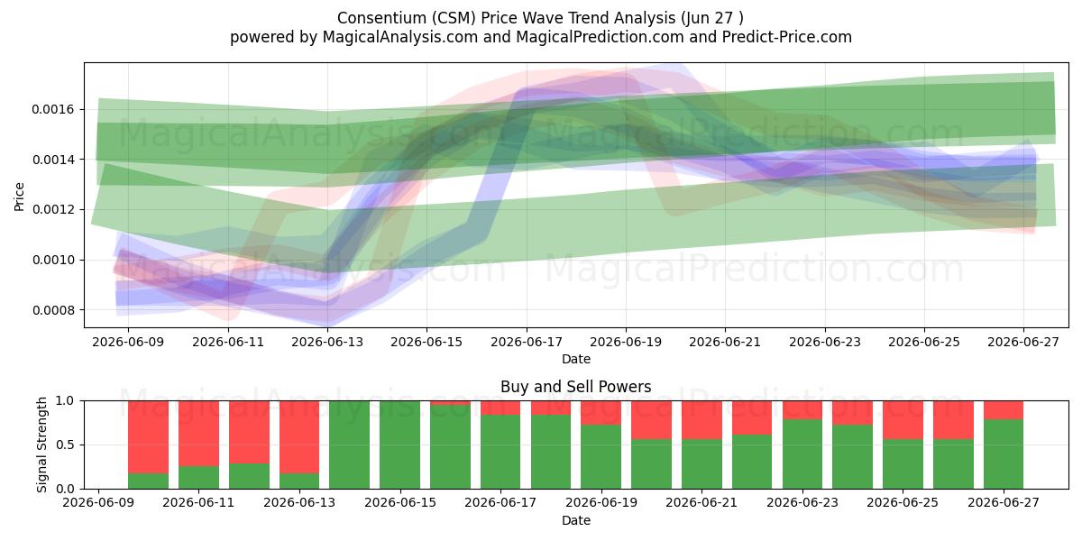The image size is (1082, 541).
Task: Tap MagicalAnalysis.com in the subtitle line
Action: click(x=400, y=37)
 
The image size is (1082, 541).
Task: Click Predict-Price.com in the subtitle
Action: click(x=787, y=37)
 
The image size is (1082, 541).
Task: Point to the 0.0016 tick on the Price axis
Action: click(x=53, y=110)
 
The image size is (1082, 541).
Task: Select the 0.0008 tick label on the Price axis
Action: click(x=53, y=310)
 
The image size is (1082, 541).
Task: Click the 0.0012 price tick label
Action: click(x=53, y=209)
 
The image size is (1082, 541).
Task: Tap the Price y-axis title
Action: click(x=19, y=197)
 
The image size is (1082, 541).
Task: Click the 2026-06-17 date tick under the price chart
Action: click(x=527, y=342)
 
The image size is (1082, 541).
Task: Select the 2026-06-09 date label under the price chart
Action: click(x=128, y=342)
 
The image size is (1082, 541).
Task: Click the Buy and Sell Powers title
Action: click(x=576, y=387)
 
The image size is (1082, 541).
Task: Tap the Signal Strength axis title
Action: click(x=42, y=445)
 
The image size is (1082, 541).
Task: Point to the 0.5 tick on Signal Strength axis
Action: click(x=66, y=445)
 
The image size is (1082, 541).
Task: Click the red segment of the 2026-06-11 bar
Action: click(x=198, y=434)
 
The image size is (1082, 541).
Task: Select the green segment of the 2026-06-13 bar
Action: click(x=299, y=481)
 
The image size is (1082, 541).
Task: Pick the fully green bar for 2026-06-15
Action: click(x=400, y=445)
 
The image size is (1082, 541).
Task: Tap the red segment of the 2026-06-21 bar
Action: click(x=701, y=420)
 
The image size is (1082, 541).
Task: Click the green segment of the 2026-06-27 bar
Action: click(x=1004, y=454)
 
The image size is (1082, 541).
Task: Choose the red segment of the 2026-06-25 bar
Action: click(x=903, y=420)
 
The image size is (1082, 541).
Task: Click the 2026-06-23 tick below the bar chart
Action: click(x=802, y=502)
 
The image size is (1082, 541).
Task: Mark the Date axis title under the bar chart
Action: click(x=576, y=520)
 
